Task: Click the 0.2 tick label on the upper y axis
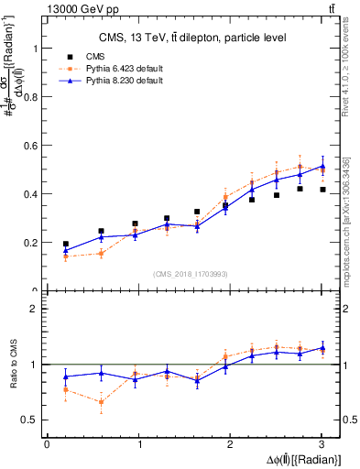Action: click(27, 243)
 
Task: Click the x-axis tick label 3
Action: click(322, 444)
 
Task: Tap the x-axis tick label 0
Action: click(47, 444)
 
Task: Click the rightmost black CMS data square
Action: click(322, 190)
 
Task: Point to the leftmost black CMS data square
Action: click(65, 245)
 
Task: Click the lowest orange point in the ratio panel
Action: click(101, 402)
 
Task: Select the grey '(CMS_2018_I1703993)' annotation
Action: click(191, 274)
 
